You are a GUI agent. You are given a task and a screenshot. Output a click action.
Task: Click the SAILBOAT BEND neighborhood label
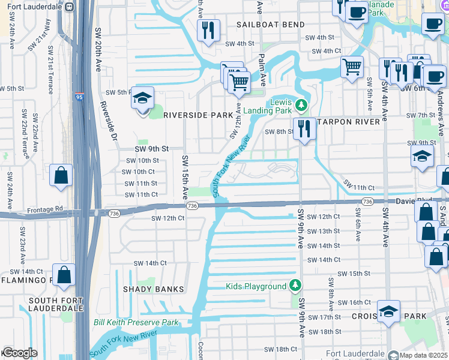pos(270,25)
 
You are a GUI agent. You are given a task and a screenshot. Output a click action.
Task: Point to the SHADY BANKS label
pos(154,289)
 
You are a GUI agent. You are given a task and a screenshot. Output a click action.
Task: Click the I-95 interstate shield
pos(79,96)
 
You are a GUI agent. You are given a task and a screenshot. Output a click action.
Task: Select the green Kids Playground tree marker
pos(295,286)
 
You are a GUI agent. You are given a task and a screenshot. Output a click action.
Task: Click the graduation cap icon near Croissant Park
pos(388,312)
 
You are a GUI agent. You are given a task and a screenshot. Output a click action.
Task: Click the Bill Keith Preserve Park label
pos(136,322)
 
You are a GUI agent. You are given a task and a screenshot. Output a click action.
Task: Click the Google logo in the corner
pos(19,353)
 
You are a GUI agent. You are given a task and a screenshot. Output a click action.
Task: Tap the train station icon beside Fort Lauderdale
pos(70,7)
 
